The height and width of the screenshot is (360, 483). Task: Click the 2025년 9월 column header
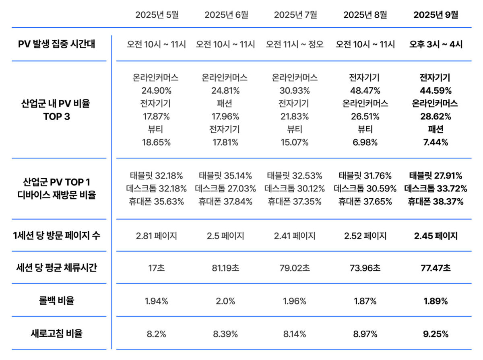[x=436, y=15]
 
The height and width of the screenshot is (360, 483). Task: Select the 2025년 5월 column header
[x=157, y=15]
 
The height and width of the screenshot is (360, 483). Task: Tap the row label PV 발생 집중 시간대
[x=57, y=44]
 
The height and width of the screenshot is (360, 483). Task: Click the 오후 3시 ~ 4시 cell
[x=436, y=44]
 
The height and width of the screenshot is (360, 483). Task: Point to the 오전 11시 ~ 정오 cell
[x=295, y=44]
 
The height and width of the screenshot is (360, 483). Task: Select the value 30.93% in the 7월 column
[x=295, y=91]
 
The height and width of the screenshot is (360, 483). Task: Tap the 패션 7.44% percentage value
[x=436, y=142]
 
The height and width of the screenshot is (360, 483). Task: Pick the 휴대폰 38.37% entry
[x=436, y=202]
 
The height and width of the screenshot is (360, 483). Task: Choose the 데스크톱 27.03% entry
[x=225, y=189]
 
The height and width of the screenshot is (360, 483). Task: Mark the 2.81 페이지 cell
[x=157, y=236]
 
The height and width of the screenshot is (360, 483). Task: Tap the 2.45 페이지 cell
[x=436, y=236]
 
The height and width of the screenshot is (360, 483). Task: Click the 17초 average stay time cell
[x=157, y=268]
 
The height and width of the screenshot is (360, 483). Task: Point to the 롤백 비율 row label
[x=57, y=301]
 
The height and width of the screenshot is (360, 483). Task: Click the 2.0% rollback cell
[x=225, y=301]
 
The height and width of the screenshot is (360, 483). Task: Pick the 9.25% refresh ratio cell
[x=436, y=333]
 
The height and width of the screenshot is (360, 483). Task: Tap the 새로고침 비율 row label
[x=57, y=333]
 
